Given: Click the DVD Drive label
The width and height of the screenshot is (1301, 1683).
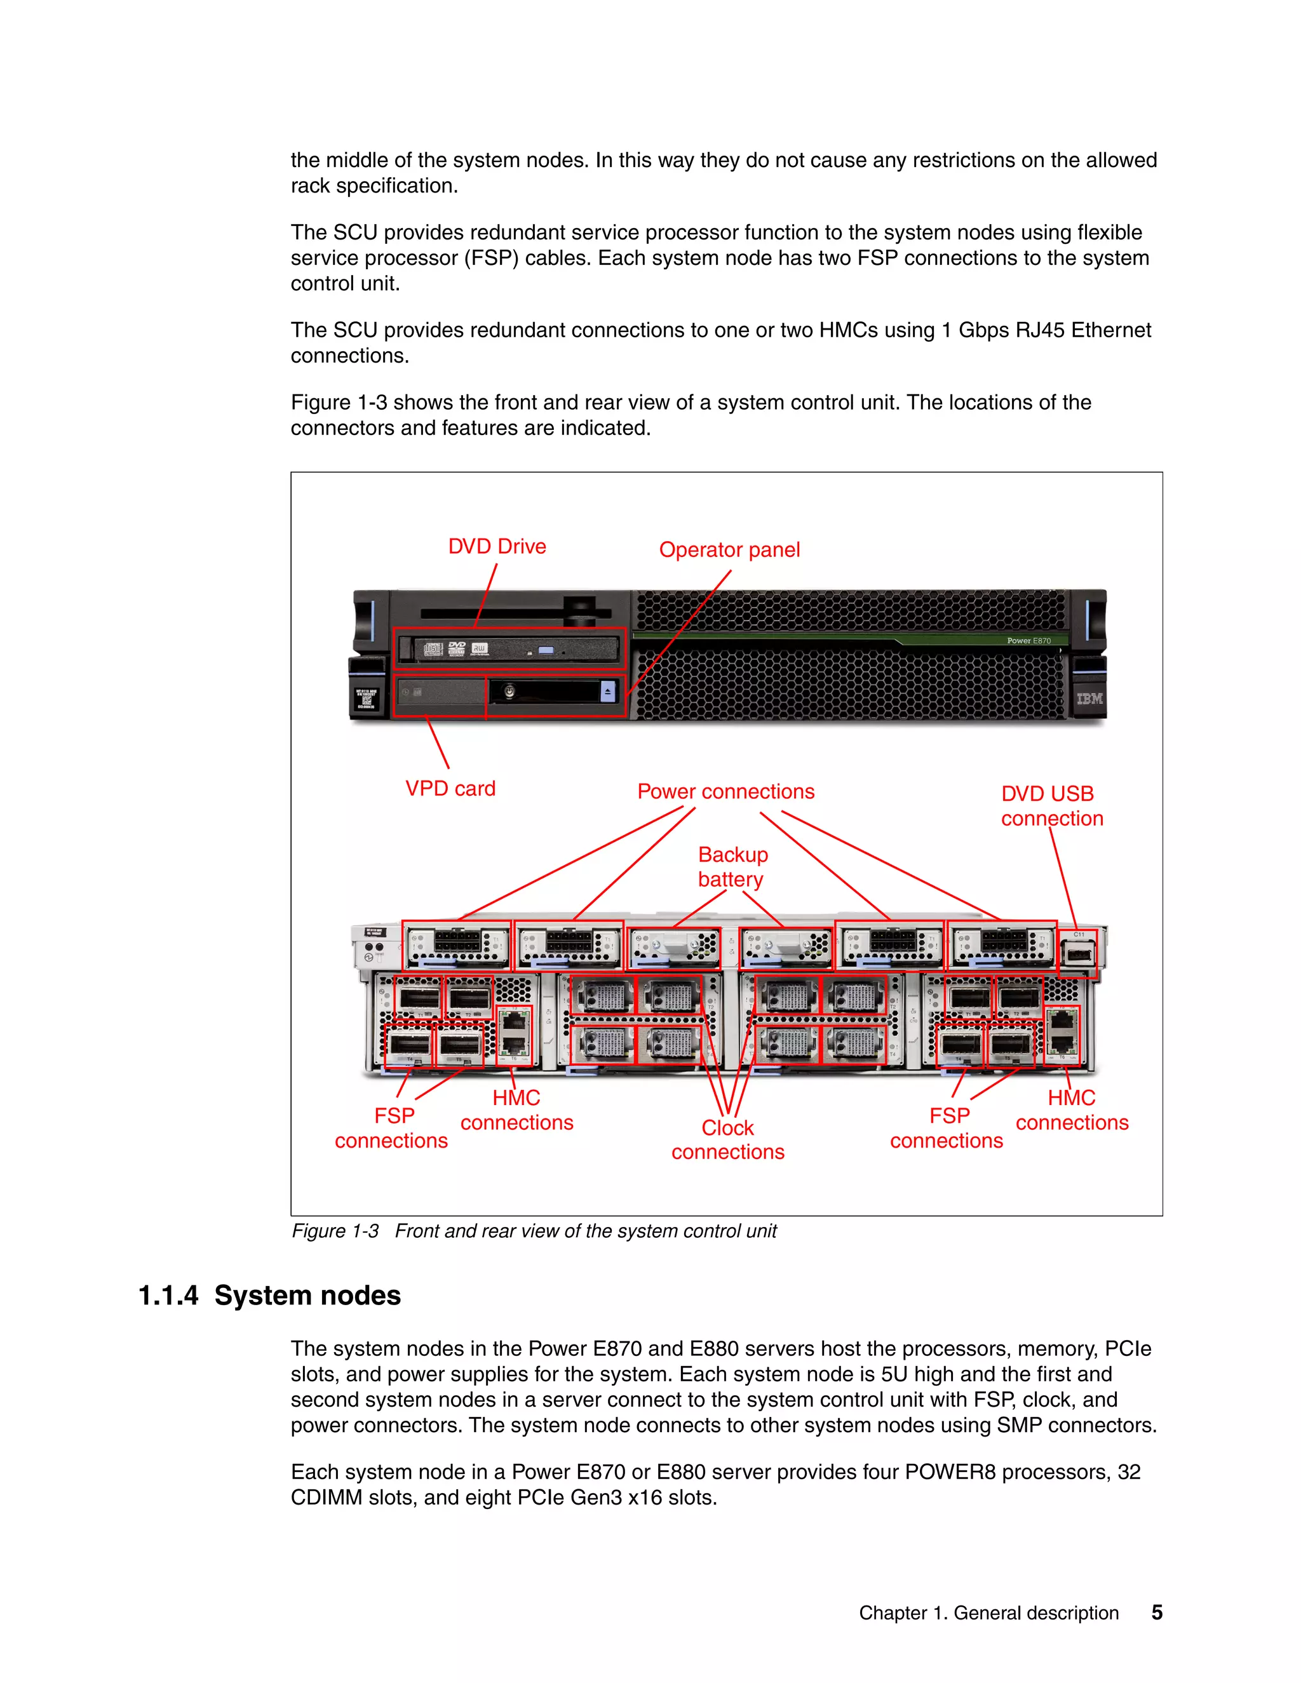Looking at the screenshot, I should (x=497, y=546).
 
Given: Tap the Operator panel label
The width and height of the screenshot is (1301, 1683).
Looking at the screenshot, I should (x=729, y=550).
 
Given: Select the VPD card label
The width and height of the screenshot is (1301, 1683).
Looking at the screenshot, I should (x=450, y=788).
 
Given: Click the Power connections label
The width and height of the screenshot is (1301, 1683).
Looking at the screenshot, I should (x=725, y=791).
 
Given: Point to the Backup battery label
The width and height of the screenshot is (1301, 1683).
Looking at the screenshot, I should (x=732, y=867).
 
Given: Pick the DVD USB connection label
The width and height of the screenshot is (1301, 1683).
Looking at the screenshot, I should (x=1051, y=806).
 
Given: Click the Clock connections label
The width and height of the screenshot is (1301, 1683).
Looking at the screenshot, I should (x=727, y=1140).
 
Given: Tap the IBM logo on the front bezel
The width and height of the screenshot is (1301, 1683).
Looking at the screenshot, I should (x=1089, y=698).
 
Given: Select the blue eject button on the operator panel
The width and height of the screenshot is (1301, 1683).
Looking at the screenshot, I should (x=607, y=691).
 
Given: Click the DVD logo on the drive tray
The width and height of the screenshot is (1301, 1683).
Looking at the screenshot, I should (x=457, y=649).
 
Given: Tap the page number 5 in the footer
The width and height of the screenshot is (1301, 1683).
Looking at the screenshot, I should (x=1156, y=1612).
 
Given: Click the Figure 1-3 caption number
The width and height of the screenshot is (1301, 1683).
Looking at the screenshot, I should (x=335, y=1231).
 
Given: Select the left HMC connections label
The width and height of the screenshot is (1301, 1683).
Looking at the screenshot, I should (x=516, y=1110).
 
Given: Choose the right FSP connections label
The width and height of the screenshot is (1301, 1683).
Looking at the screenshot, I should (x=947, y=1128).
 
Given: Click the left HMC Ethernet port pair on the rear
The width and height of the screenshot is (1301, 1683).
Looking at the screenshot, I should (x=514, y=1033).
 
